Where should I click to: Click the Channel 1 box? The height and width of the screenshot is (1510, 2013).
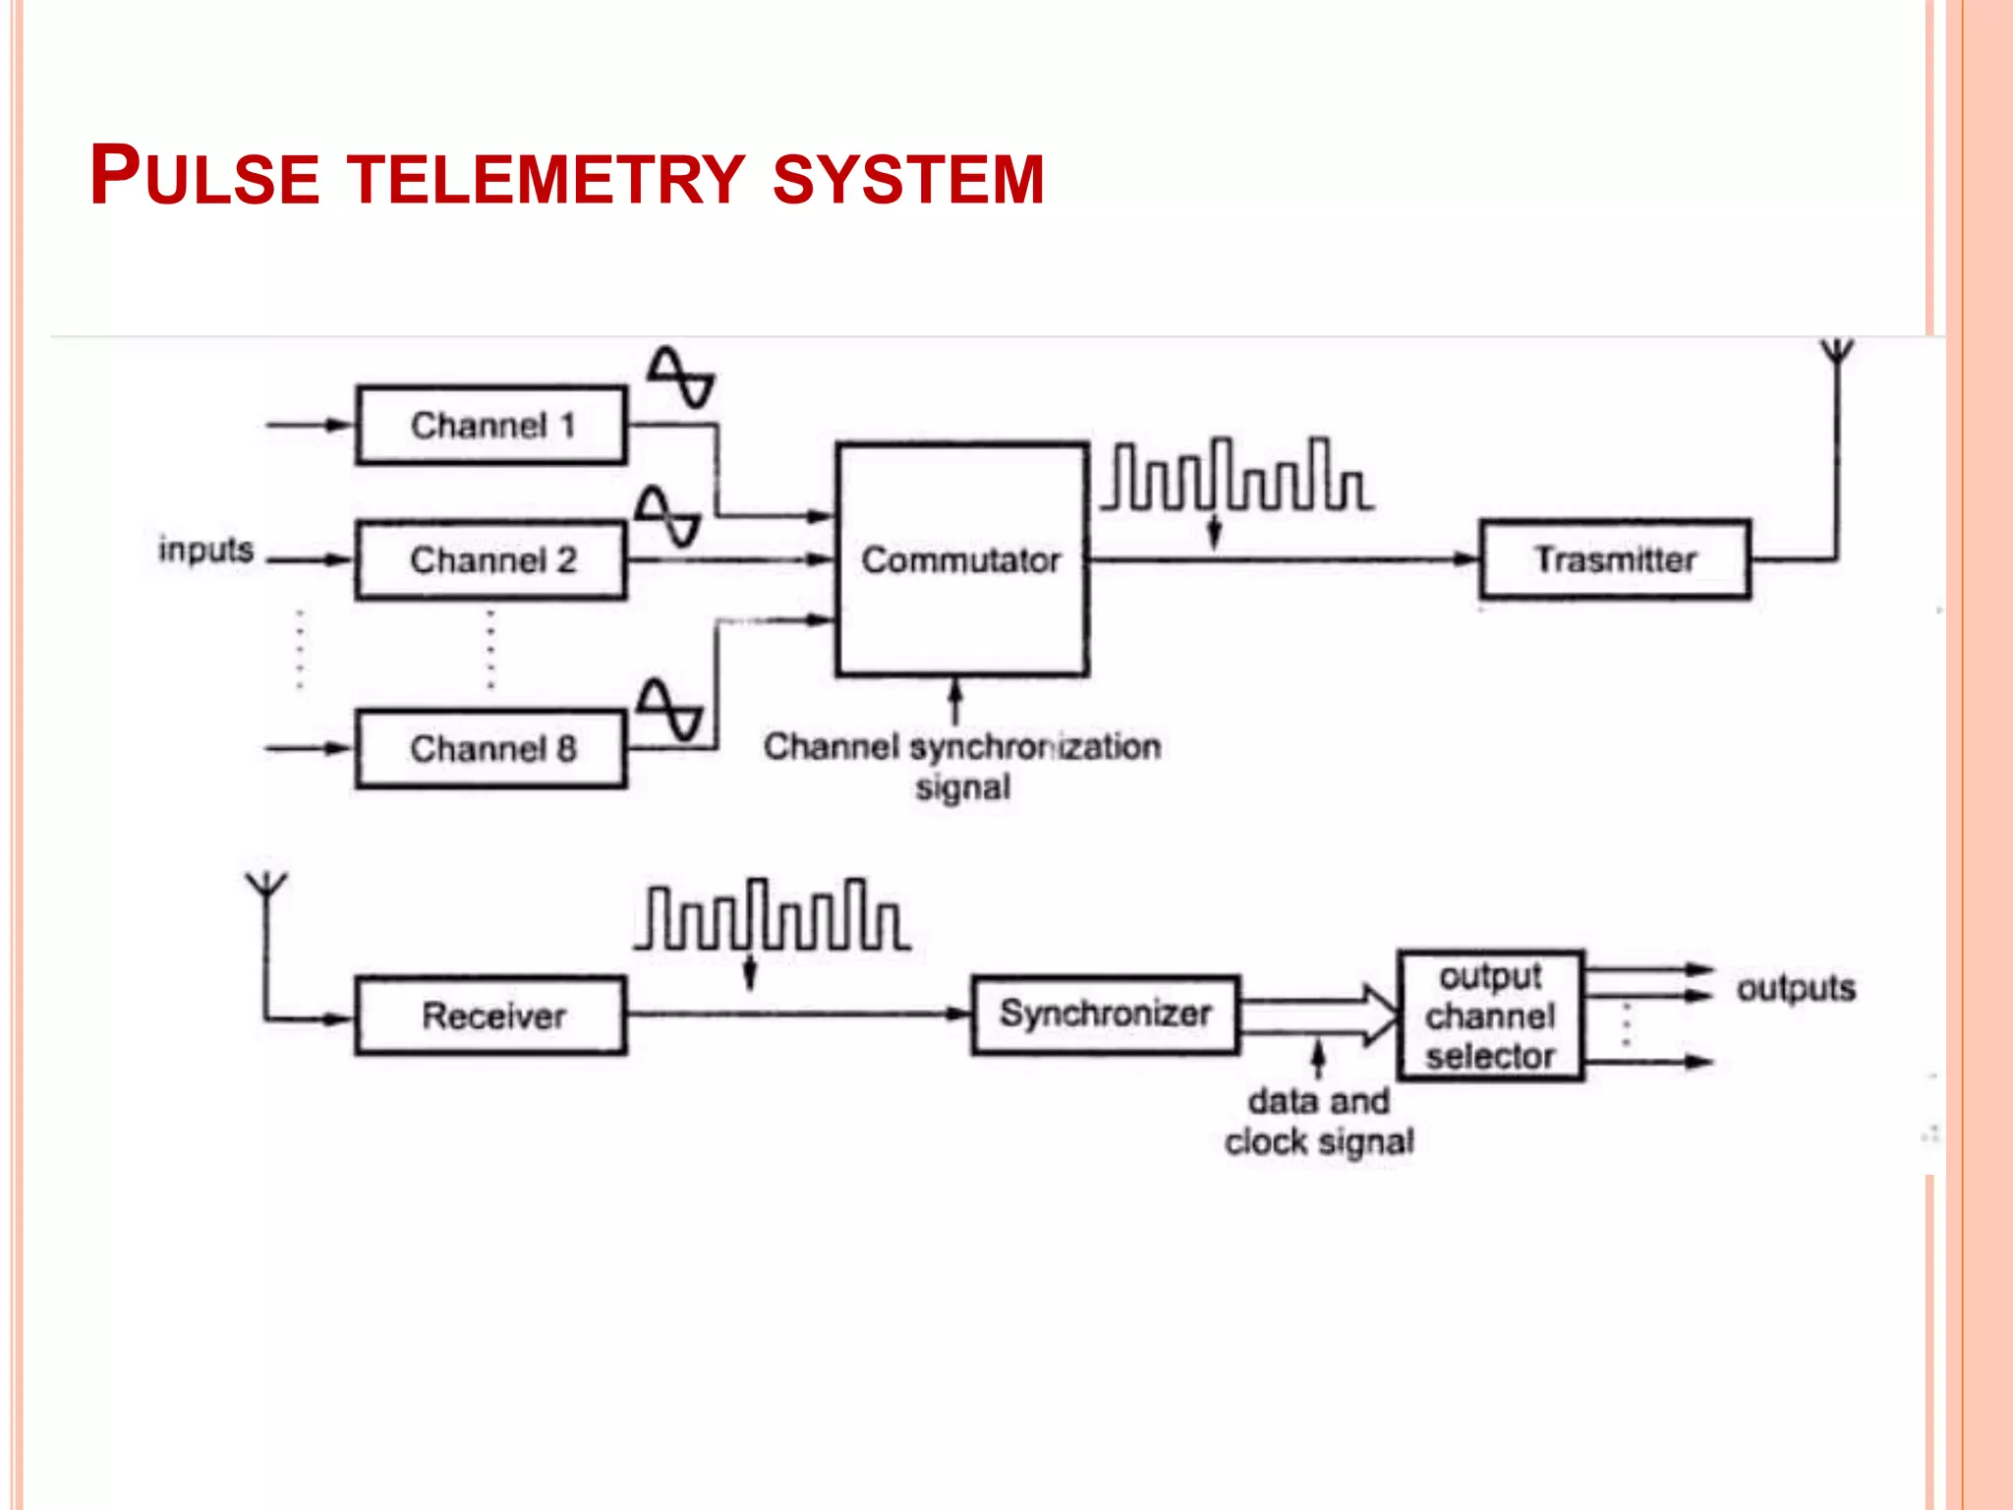click(x=490, y=425)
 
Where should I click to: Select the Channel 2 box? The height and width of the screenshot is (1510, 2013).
click(x=490, y=559)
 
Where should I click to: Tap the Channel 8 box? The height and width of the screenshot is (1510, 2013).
click(x=490, y=748)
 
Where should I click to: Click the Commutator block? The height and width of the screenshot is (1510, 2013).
click(x=961, y=559)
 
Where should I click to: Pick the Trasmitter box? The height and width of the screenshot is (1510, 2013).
click(x=1614, y=559)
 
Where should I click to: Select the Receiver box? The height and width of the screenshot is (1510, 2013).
click(x=490, y=1015)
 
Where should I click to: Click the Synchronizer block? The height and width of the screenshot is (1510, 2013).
click(x=1105, y=1014)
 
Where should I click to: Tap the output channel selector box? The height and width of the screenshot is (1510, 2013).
click(x=1490, y=1016)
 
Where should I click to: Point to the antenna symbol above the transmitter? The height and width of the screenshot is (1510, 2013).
click(x=1836, y=354)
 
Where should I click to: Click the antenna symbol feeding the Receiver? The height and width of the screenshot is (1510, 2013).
click(x=266, y=885)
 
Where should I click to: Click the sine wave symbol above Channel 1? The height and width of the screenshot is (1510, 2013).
click(x=680, y=377)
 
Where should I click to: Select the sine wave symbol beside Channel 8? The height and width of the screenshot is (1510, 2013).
click(x=669, y=709)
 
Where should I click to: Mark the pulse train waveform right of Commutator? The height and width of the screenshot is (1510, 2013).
click(x=1237, y=476)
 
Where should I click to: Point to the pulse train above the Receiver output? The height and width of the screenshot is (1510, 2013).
click(x=772, y=916)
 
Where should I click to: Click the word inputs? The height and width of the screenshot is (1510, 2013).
click(x=205, y=550)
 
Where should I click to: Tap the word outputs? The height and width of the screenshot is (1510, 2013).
click(x=1795, y=988)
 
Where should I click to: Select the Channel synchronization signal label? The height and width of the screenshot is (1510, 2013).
click(x=962, y=766)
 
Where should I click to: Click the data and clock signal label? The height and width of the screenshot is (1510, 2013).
click(x=1319, y=1121)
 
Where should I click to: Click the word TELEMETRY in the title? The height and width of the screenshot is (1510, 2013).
click(x=547, y=179)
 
